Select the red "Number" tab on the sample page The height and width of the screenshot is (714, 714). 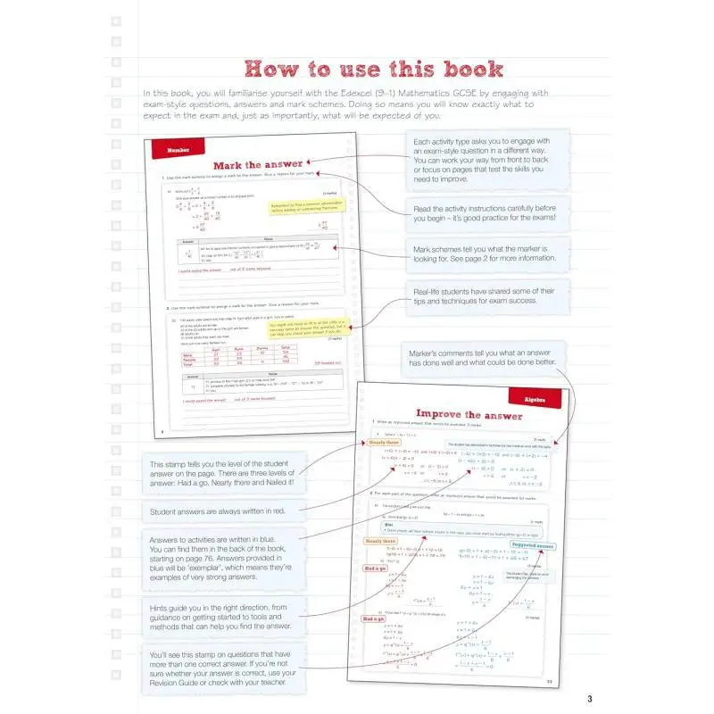(x=178, y=150)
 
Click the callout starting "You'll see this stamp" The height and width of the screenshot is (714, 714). (x=227, y=668)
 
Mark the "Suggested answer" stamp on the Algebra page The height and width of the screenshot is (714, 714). (x=533, y=545)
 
